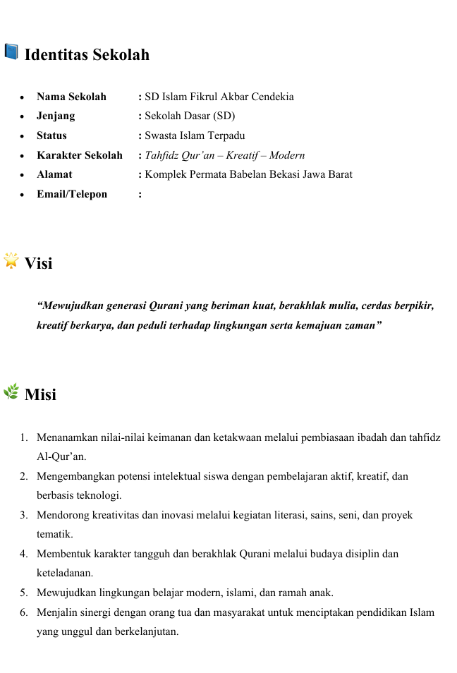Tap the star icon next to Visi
pyautogui.click(x=11, y=261)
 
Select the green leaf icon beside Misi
pyautogui.click(x=11, y=392)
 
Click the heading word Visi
pyautogui.click(x=38, y=264)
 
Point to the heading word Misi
pyautogui.click(x=40, y=394)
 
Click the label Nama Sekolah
pyautogui.click(x=71, y=97)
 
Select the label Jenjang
pyautogui.click(x=56, y=116)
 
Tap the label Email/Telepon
pyautogui.click(x=72, y=193)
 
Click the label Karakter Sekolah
pyautogui.click(x=79, y=154)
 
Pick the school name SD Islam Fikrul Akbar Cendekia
pyautogui.click(x=219, y=97)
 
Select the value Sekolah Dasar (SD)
pyautogui.click(x=190, y=116)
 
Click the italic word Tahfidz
pyautogui.click(x=162, y=154)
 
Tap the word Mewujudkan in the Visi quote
pyautogui.click(x=71, y=306)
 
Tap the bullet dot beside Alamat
pyautogui.click(x=23, y=174)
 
